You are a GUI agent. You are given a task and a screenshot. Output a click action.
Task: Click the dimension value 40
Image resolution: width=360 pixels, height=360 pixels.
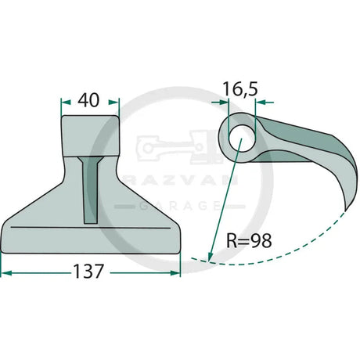point(88,100)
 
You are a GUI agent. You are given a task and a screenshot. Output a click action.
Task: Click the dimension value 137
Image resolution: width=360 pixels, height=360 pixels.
point(88,272)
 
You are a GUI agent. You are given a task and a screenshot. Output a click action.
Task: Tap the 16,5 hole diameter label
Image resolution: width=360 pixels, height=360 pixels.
point(240,89)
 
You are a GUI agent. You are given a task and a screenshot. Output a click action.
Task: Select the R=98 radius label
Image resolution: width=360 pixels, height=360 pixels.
point(249,240)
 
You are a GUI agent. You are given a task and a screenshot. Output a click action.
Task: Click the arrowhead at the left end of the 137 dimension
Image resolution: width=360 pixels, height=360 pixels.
point(6,273)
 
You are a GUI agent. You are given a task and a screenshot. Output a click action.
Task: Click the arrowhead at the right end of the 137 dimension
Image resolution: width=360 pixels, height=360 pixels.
point(175,273)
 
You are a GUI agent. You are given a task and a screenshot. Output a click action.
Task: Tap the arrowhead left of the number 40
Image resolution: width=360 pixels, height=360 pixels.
point(66,102)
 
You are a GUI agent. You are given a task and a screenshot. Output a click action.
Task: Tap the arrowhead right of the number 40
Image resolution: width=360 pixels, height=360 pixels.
point(113,102)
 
